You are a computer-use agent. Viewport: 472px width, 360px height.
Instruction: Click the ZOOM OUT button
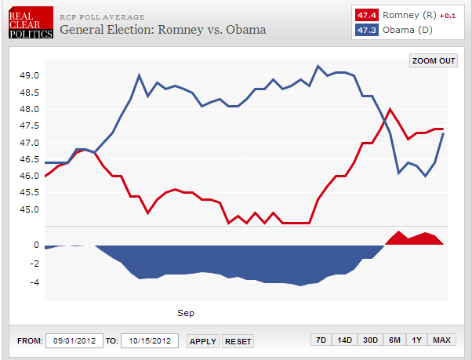tap(434, 60)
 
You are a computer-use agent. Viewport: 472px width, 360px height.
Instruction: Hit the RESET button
tap(238, 341)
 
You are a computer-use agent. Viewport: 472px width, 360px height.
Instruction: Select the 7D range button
tap(321, 340)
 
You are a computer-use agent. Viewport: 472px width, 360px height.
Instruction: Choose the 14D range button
tap(344, 340)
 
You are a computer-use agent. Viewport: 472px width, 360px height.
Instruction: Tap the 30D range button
tap(369, 340)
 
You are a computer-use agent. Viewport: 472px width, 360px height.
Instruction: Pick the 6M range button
tap(394, 340)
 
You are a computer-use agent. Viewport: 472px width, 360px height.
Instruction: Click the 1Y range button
tap(417, 340)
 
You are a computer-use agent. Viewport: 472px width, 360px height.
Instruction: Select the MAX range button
tap(441, 340)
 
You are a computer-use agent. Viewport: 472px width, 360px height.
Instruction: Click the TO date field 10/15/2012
tap(149, 341)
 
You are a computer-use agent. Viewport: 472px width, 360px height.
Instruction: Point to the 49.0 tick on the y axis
tap(29, 76)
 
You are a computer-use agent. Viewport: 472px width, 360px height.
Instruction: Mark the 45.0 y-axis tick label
tap(29, 209)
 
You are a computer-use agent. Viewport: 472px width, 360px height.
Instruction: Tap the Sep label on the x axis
tap(186, 313)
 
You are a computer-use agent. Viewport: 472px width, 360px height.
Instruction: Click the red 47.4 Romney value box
tap(365, 15)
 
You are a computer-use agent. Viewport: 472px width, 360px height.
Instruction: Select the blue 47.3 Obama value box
tap(365, 30)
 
